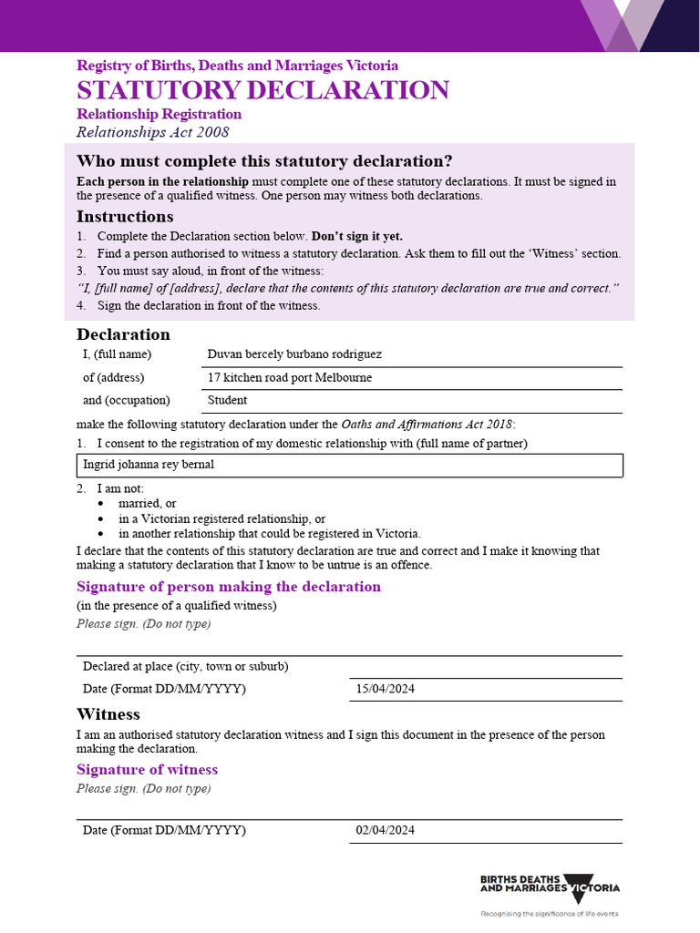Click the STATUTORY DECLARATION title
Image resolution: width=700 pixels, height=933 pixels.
click(x=262, y=90)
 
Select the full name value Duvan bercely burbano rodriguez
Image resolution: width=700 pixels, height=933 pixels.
click(x=294, y=354)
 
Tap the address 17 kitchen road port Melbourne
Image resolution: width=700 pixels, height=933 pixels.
click(x=290, y=377)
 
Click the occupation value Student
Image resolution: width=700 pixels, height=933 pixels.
click(x=227, y=400)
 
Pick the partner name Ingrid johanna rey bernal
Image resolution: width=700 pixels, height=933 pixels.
click(x=149, y=465)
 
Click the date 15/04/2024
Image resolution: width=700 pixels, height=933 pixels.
click(x=386, y=689)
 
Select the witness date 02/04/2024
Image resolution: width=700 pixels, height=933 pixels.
click(x=386, y=830)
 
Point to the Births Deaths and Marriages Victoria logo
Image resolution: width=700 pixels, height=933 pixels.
click(x=550, y=888)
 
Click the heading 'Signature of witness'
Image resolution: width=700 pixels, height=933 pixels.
click(x=147, y=770)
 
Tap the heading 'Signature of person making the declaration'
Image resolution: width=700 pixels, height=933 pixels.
click(x=228, y=587)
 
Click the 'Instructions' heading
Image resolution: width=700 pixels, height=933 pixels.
click(x=125, y=217)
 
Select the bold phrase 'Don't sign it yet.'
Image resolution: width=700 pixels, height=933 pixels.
click(x=357, y=236)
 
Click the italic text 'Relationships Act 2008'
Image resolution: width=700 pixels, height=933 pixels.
click(x=152, y=132)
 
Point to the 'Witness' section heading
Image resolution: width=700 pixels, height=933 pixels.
click(x=108, y=714)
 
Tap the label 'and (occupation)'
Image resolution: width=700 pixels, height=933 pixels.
click(x=127, y=400)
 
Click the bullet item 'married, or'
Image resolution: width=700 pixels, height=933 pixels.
click(x=148, y=503)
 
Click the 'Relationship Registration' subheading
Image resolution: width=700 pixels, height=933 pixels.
click(x=159, y=114)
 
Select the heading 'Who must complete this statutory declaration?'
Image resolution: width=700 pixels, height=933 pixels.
click(x=264, y=161)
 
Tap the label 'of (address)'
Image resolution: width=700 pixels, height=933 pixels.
click(x=114, y=377)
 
